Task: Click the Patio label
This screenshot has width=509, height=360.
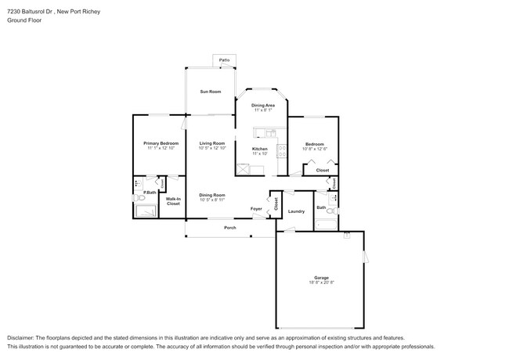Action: click(224, 59)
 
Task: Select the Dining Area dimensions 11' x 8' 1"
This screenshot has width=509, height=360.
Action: click(262, 110)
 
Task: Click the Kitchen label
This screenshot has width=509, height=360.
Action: click(260, 149)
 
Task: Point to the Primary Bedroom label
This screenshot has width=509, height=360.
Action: click(161, 143)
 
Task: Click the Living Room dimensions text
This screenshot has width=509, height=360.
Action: click(211, 149)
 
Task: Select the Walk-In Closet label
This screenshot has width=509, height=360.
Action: click(173, 201)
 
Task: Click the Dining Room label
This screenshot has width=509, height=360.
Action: click(211, 195)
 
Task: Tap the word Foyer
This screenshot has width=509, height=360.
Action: click(256, 209)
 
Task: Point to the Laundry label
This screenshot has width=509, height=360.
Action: click(296, 211)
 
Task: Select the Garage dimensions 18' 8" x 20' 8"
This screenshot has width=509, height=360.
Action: click(321, 283)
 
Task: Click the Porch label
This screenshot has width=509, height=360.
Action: click(230, 228)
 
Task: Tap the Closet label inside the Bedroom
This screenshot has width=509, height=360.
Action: click(323, 170)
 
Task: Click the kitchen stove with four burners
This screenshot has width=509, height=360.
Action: click(281, 166)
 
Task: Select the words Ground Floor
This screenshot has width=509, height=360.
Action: click(24, 21)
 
